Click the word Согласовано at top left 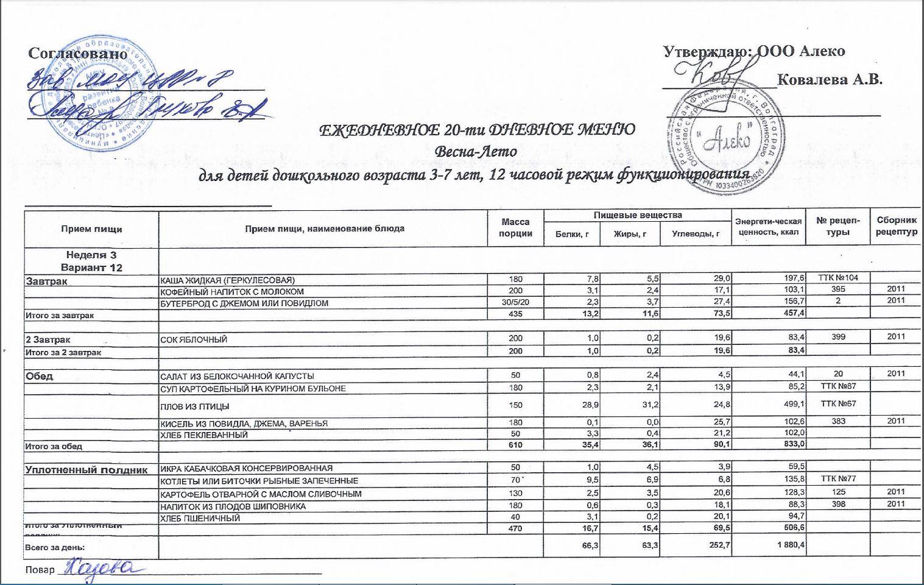point(78,53)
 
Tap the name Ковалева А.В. point(830,79)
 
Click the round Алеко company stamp point(719,140)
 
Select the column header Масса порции point(515,228)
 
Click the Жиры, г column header point(630,234)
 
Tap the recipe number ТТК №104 point(838,278)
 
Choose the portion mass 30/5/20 point(515,303)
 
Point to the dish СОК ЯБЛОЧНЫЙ point(193,339)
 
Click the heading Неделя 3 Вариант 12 point(91,261)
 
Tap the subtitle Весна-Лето point(476,151)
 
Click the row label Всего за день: point(51,548)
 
